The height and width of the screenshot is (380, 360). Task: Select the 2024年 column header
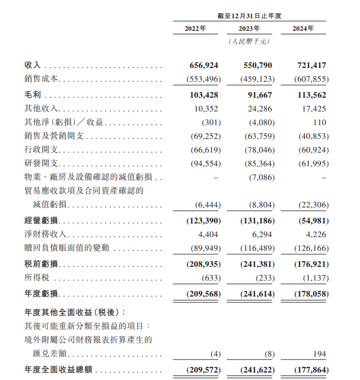[x=302, y=29]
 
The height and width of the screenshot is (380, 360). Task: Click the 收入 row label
[x=33, y=66]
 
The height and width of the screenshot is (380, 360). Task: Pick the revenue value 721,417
[x=311, y=66]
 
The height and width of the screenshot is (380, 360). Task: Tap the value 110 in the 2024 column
[x=319, y=122]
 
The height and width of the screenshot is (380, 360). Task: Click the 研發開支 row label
[x=42, y=163]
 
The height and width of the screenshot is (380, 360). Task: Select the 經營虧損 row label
[x=42, y=221]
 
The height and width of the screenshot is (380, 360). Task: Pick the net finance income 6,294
[x=262, y=234]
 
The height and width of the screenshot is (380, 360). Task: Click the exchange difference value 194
[x=319, y=354]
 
